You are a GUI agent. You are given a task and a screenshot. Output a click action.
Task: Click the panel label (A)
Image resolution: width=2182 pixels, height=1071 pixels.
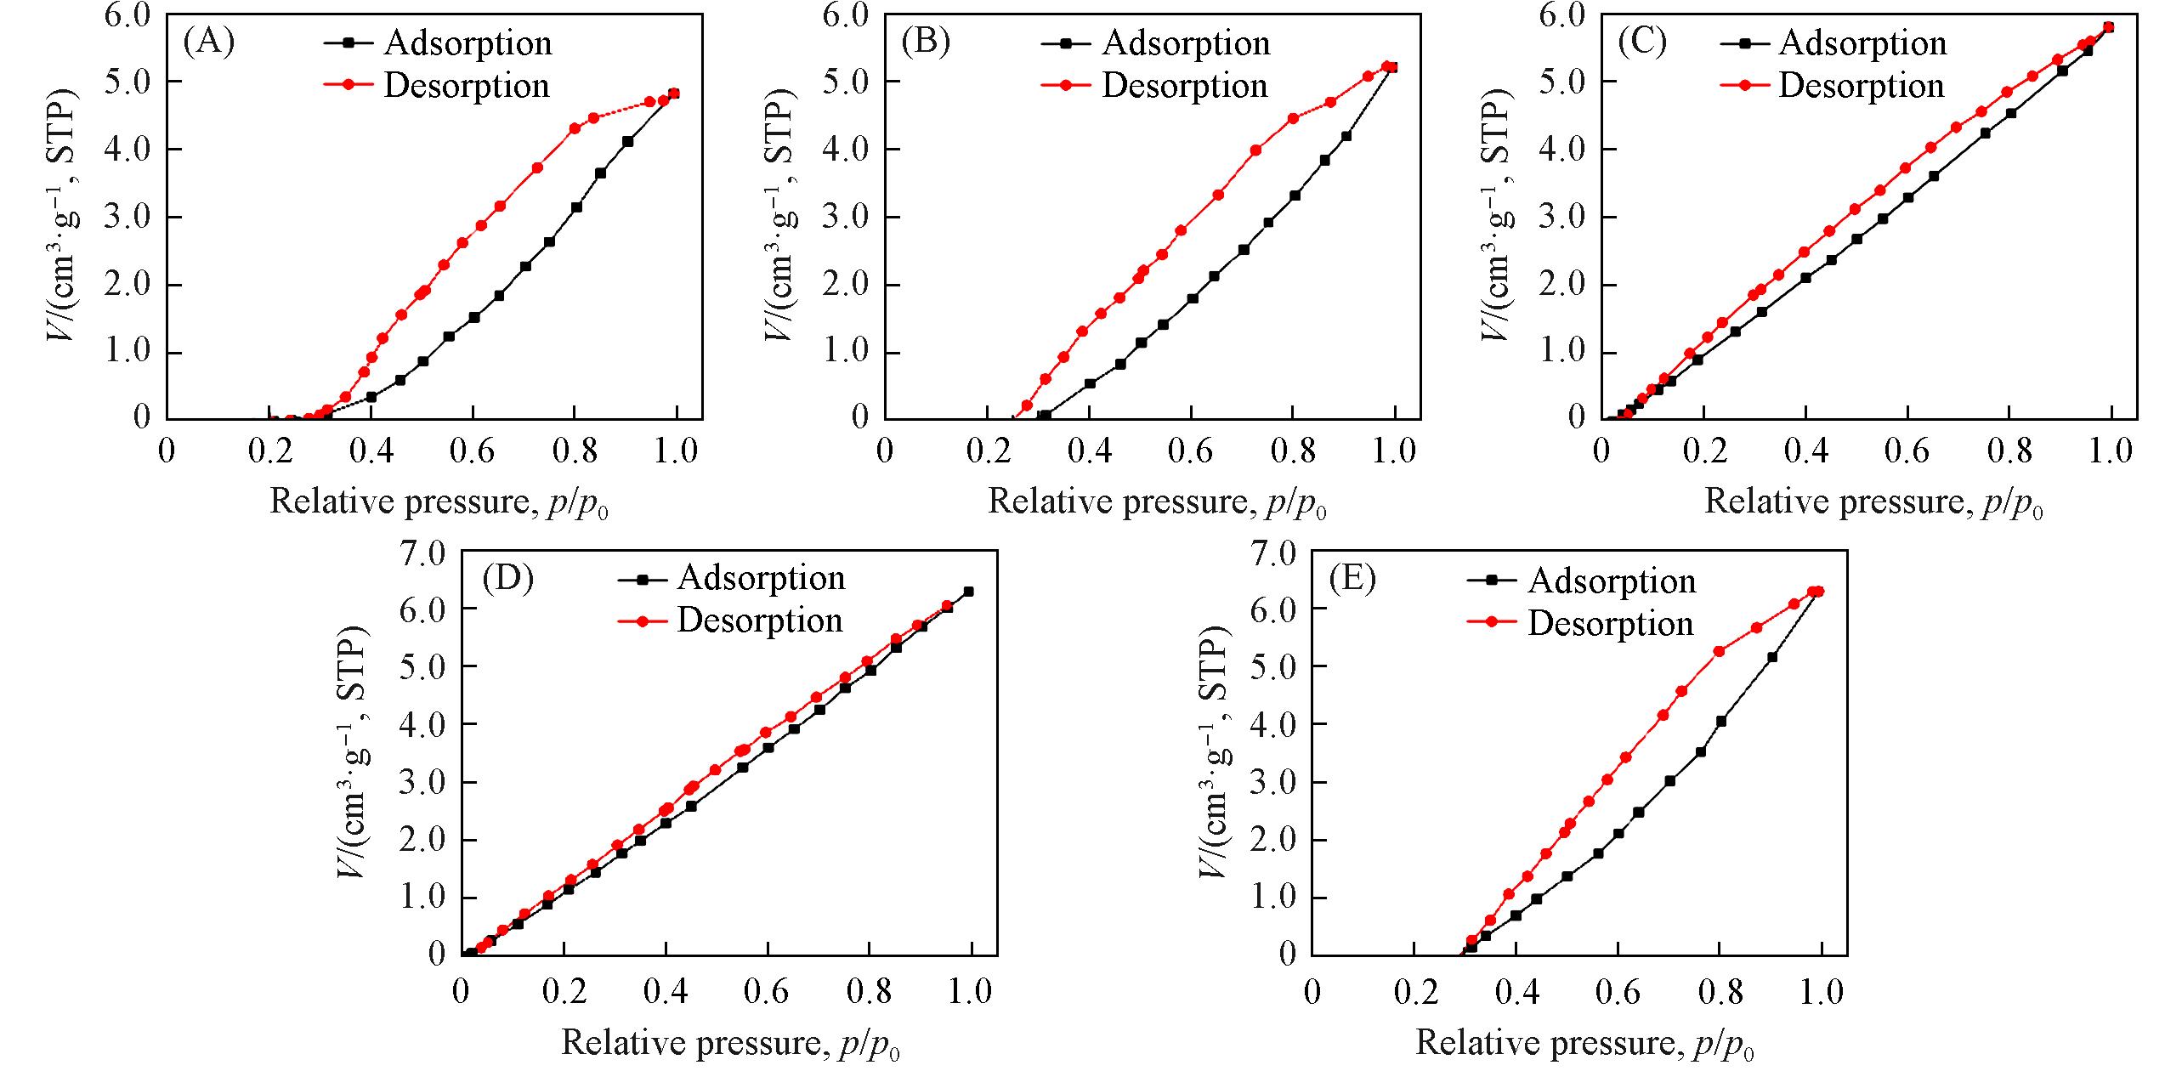click(x=208, y=42)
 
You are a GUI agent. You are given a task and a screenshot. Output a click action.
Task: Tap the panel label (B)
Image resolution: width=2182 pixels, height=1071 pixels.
click(x=926, y=42)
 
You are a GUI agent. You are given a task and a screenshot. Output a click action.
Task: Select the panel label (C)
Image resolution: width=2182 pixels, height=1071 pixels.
click(x=1642, y=42)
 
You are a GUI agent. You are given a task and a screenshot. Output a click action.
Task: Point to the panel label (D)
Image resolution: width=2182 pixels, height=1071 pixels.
click(x=507, y=578)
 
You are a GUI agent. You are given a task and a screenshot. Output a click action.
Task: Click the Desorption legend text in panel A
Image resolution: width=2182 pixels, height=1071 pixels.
click(x=467, y=86)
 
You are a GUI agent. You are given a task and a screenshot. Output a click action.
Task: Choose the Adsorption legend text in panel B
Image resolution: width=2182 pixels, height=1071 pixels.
click(x=1186, y=43)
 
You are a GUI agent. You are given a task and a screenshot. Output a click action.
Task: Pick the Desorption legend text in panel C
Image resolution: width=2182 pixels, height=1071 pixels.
click(x=1862, y=86)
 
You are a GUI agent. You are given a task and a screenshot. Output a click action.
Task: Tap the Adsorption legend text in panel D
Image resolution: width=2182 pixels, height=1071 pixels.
click(x=761, y=579)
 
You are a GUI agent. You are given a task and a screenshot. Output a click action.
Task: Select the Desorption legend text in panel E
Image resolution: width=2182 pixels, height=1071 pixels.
click(x=1611, y=624)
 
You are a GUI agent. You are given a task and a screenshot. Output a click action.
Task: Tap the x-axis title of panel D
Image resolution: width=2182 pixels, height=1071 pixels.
click(x=731, y=1043)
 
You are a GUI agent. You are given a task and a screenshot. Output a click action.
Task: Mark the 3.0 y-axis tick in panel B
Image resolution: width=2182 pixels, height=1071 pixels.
click(x=846, y=218)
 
